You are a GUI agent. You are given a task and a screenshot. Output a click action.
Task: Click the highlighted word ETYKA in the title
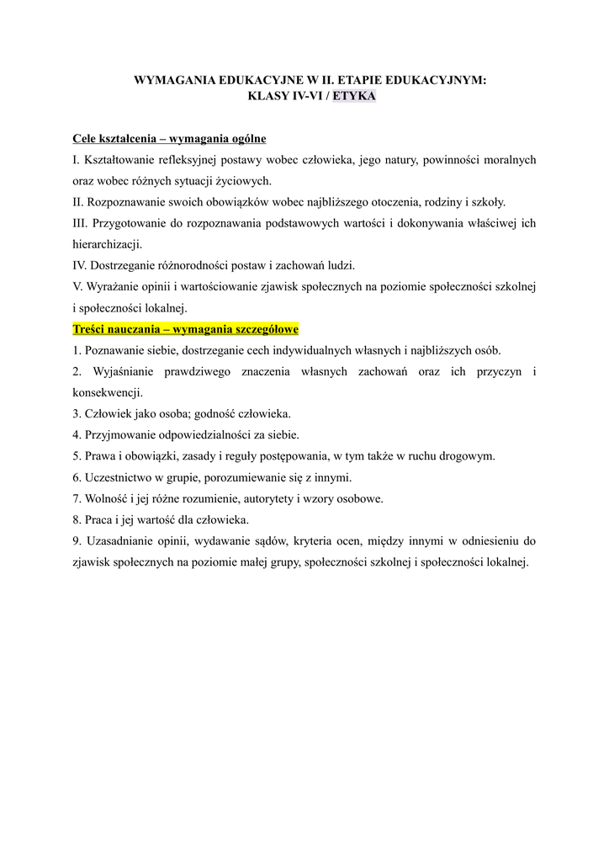pyautogui.click(x=354, y=96)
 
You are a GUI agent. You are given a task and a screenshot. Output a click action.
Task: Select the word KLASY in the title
pyautogui.click(x=266, y=96)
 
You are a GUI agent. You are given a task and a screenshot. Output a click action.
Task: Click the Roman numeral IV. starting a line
pyautogui.click(x=80, y=264)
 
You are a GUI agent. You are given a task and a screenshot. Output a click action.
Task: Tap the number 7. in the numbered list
pyautogui.click(x=77, y=498)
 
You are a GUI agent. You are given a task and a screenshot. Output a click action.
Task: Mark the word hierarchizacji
pyautogui.click(x=107, y=244)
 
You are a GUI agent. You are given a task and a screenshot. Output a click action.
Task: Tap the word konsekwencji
pyautogui.click(x=107, y=392)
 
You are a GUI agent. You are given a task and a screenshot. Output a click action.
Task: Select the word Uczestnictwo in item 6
pyautogui.click(x=118, y=477)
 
